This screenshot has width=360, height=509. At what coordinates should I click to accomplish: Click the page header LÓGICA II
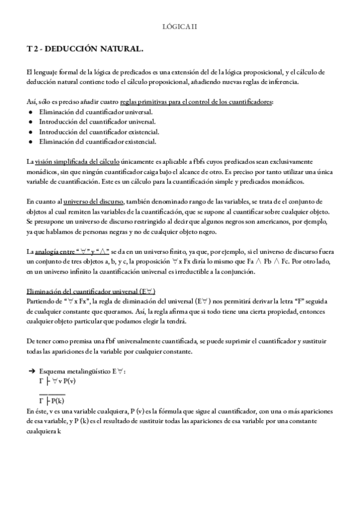tap(180, 26)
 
